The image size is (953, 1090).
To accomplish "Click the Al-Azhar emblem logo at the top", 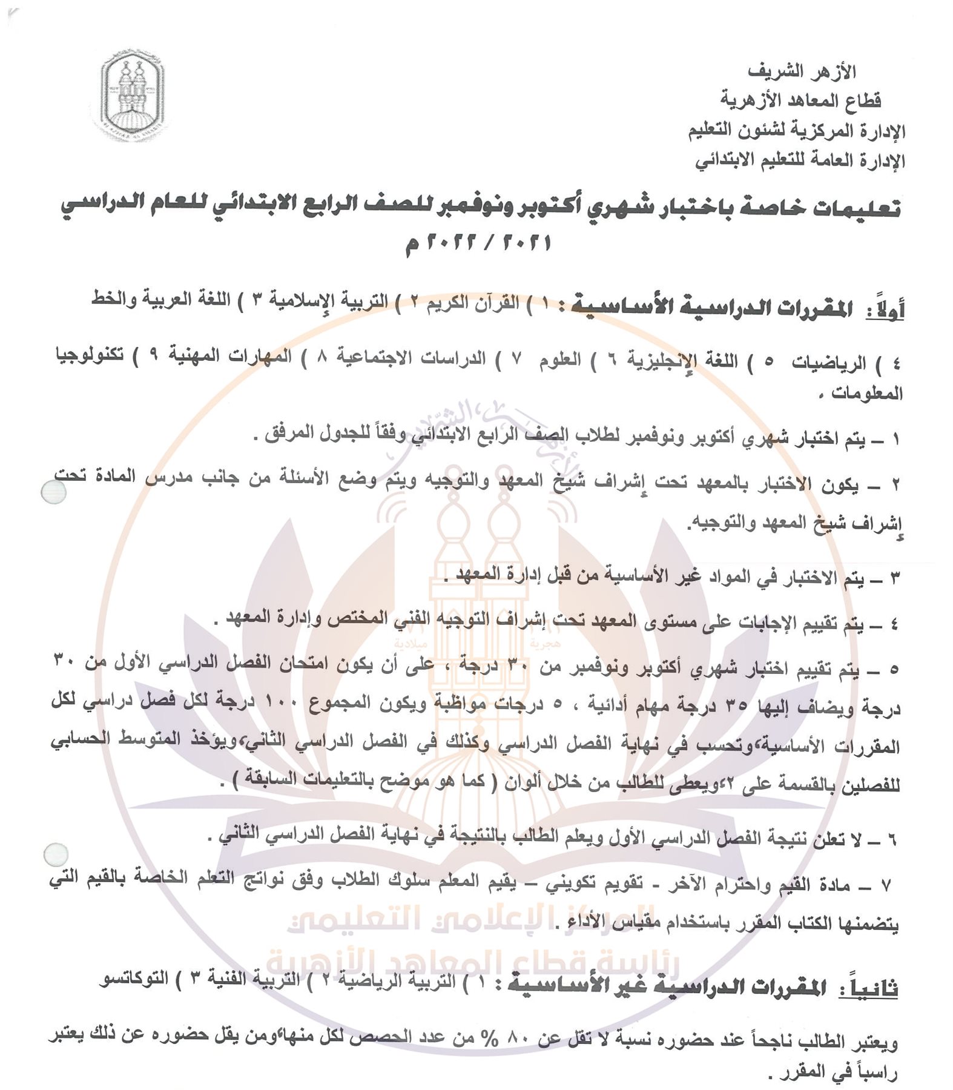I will coord(132,96).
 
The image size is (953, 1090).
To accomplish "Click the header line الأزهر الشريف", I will coord(802,71).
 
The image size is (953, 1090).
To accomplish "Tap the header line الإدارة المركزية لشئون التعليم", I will coord(797,130).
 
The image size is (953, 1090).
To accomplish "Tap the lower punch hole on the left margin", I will coord(56,855).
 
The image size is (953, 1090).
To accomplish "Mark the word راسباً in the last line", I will coord(867,1072).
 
